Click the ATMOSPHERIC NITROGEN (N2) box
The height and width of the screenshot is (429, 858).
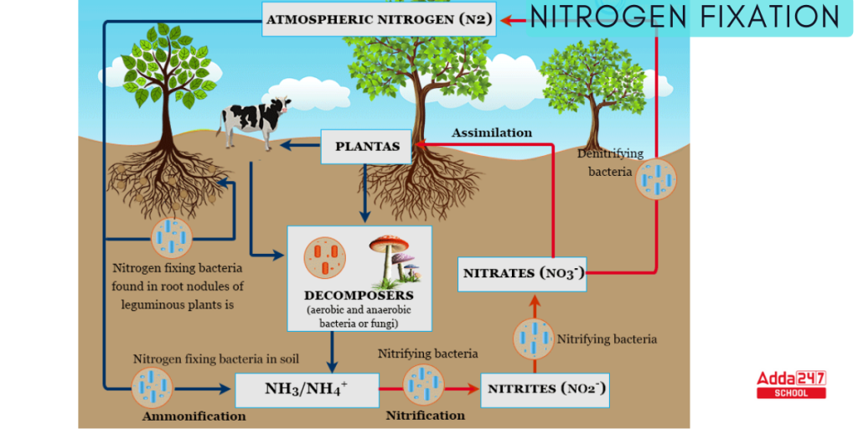click(380, 18)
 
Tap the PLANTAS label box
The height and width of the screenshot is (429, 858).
click(367, 146)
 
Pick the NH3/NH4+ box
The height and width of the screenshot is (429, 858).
click(306, 389)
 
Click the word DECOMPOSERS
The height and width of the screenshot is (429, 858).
click(359, 296)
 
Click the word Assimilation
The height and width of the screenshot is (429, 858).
click(492, 132)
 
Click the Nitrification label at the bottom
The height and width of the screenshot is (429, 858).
click(425, 415)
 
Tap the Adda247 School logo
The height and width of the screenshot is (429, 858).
click(791, 384)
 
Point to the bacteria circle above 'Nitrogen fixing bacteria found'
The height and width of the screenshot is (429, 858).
click(172, 237)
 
